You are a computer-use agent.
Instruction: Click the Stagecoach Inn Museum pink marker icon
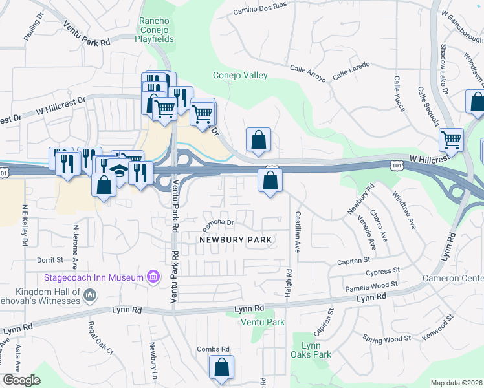click(x=153, y=277)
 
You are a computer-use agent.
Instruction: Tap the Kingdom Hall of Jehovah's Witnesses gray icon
click(x=90, y=296)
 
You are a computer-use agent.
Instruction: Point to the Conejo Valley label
click(x=241, y=76)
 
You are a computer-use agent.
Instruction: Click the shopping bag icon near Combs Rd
click(x=221, y=367)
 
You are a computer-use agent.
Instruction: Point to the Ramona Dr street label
click(x=217, y=222)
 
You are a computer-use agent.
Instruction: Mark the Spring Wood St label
click(x=387, y=339)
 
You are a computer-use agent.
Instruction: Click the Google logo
click(x=21, y=380)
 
